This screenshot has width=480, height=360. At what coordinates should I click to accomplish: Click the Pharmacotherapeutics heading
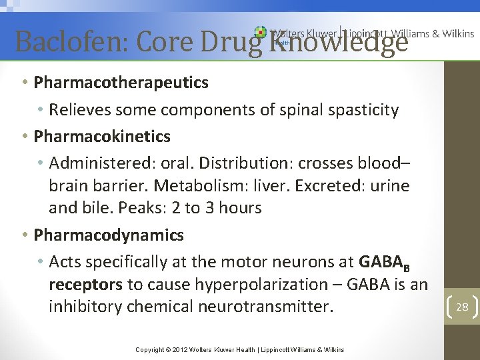coord(121,83)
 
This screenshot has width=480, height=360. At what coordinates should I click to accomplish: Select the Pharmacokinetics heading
coord(102,137)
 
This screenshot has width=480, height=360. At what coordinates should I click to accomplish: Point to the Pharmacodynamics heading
coord(109,235)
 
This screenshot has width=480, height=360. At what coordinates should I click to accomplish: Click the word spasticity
coord(363,110)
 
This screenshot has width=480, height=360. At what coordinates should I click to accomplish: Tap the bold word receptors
coord(85,285)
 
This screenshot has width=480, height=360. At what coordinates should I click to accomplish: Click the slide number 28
coord(462,307)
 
